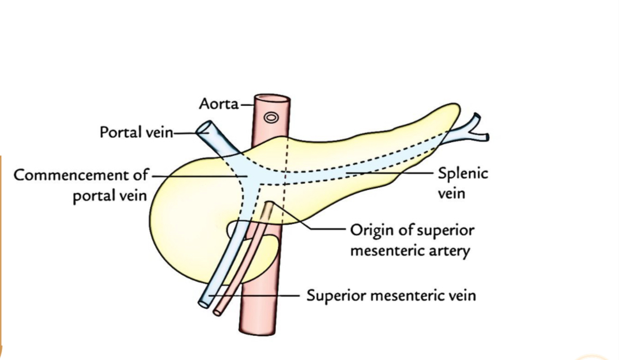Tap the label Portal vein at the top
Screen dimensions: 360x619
coord(136,132)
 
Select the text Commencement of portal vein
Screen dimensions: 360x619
coord(81,184)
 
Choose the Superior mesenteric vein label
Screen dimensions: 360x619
coord(391,296)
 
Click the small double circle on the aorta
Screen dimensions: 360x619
coord(270,118)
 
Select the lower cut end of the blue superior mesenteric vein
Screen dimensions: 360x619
coord(203,302)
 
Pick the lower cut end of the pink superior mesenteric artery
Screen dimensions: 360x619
coord(217,312)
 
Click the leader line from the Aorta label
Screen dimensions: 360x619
coord(247,105)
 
